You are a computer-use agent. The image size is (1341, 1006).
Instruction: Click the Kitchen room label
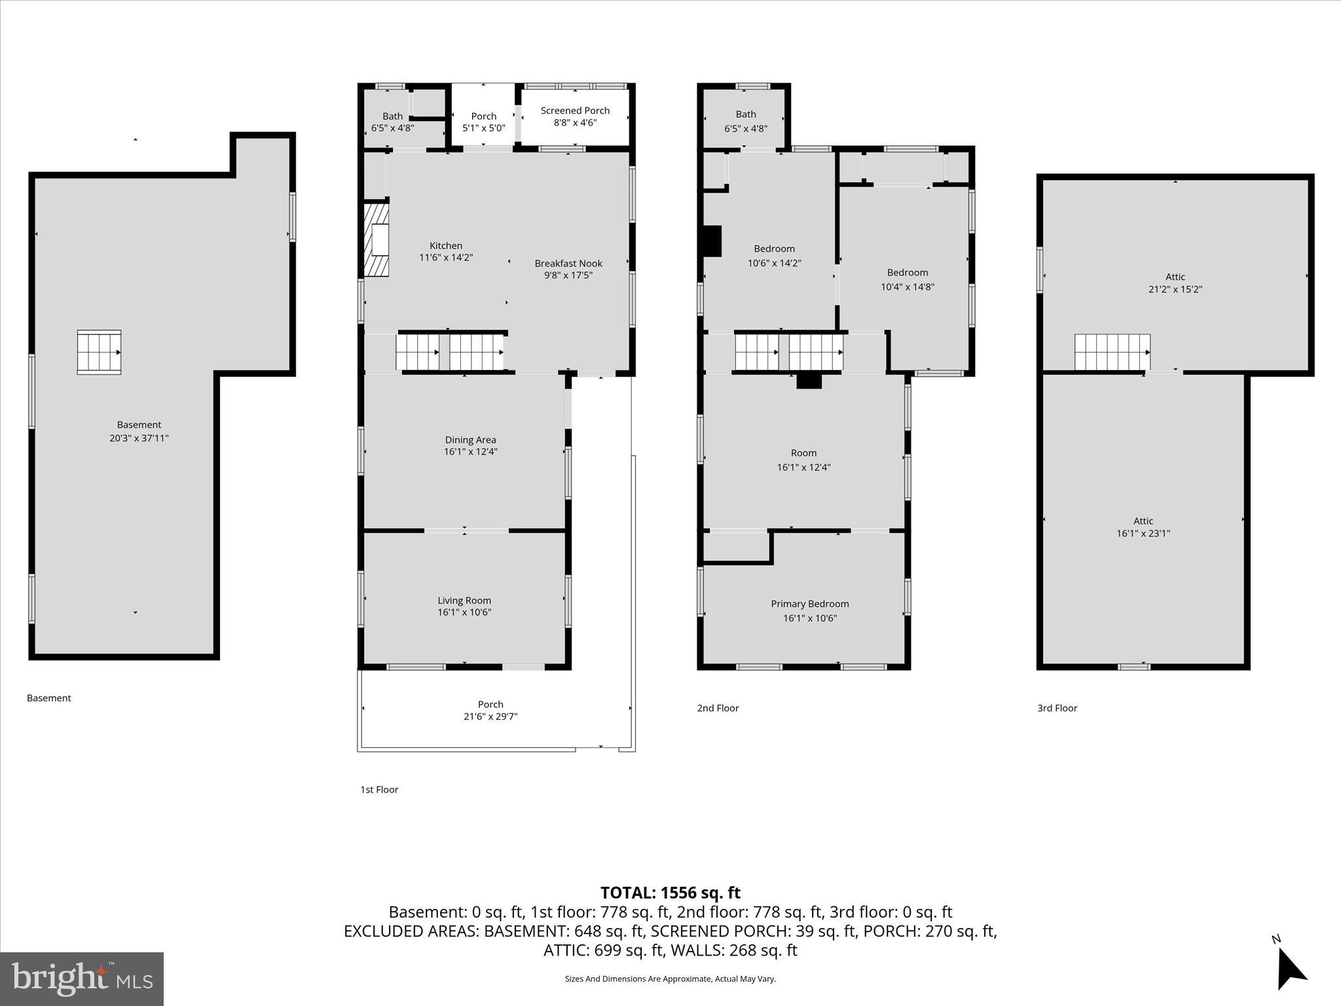pyautogui.click(x=446, y=246)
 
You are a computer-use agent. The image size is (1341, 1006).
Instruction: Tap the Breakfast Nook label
pyautogui.click(x=568, y=263)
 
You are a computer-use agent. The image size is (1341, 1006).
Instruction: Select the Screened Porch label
pyautogui.click(x=575, y=111)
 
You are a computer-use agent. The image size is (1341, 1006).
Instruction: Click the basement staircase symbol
pyautogui.click(x=99, y=352)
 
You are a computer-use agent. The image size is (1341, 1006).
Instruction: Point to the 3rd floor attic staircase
pyautogui.click(x=1112, y=352)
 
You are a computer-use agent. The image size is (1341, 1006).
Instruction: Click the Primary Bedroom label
pyautogui.click(x=809, y=604)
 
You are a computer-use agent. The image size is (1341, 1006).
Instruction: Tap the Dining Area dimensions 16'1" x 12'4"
pyautogui.click(x=470, y=452)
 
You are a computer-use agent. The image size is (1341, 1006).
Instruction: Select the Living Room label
pyautogui.click(x=464, y=601)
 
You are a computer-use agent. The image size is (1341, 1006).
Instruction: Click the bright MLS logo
pyautogui.click(x=82, y=978)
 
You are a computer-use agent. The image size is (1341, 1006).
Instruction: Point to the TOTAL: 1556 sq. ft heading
pyautogui.click(x=670, y=893)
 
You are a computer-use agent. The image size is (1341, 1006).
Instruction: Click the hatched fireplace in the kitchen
pyautogui.click(x=377, y=240)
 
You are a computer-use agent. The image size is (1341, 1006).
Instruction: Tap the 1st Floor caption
pyautogui.click(x=379, y=790)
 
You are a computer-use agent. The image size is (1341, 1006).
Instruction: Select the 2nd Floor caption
pyautogui.click(x=718, y=708)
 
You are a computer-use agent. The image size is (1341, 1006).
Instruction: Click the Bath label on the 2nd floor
pyautogui.click(x=745, y=114)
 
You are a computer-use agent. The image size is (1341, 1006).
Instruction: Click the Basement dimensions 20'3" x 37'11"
pyautogui.click(x=139, y=438)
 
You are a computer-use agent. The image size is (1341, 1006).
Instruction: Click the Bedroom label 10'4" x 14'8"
pyautogui.click(x=907, y=273)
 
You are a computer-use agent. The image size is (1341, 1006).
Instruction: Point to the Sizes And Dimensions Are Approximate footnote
pyautogui.click(x=670, y=979)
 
